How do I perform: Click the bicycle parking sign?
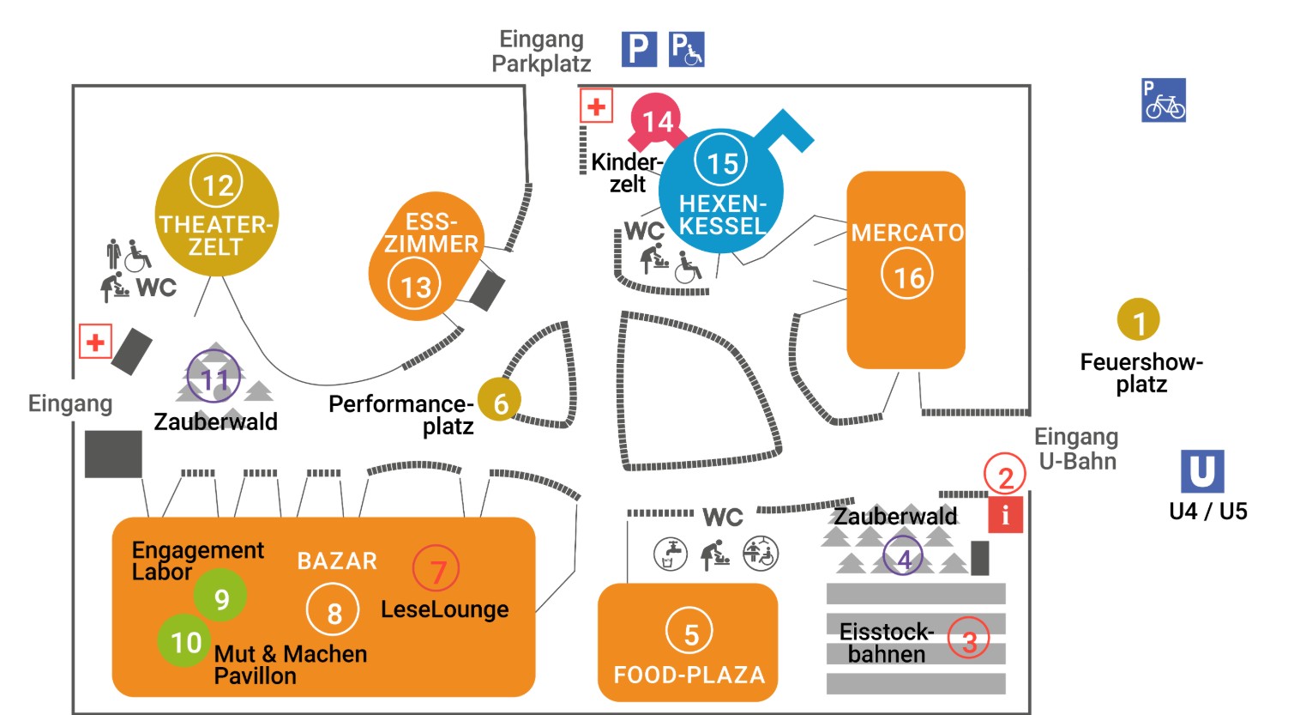coord(1164,100)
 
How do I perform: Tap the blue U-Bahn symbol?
coord(1201,471)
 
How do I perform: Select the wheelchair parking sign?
coord(686,49)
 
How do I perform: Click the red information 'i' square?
coord(1005,516)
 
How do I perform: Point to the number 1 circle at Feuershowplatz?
coord(1138,320)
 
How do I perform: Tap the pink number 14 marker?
coord(657,120)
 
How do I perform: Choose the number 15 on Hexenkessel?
coord(722,161)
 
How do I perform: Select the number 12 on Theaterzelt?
coord(217,183)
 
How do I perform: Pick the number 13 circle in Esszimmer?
coord(416,286)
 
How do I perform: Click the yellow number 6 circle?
coord(500,400)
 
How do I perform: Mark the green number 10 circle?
coord(185,641)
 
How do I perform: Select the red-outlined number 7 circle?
coord(436,569)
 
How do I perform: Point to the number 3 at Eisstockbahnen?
coord(969,639)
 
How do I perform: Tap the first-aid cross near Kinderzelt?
coord(596,106)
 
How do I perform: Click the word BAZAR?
coord(337,561)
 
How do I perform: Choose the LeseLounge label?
coord(444,609)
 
